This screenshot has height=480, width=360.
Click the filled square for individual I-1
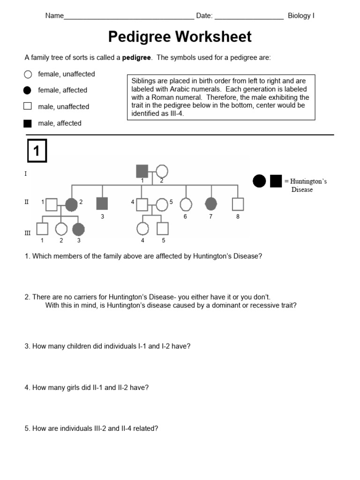(x=142, y=172)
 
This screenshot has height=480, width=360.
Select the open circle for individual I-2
(x=162, y=172)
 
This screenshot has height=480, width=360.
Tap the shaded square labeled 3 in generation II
(x=102, y=203)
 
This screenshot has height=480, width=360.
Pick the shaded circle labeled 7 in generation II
(x=211, y=203)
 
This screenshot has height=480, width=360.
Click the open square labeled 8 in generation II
(x=238, y=204)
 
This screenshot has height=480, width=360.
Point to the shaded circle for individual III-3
(x=79, y=228)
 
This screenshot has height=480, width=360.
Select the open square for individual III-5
(x=162, y=228)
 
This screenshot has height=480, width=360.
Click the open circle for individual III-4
(x=142, y=228)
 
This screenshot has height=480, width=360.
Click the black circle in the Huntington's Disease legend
(x=259, y=180)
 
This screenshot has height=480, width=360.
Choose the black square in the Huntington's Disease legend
(x=276, y=180)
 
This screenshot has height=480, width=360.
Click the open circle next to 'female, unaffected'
(x=28, y=74)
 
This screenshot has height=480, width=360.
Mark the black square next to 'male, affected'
(x=28, y=123)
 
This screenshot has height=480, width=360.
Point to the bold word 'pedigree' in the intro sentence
(x=136, y=58)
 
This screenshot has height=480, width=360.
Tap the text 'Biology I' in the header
(x=301, y=15)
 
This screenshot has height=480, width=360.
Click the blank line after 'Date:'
(x=249, y=16)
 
